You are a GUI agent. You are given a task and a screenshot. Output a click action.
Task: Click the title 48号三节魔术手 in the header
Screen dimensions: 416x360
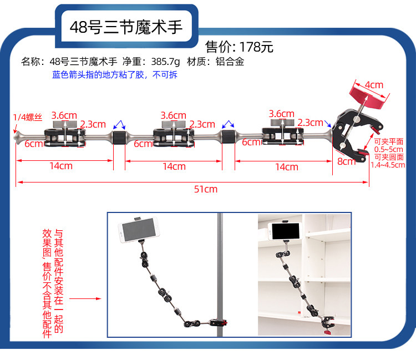coord(126,27)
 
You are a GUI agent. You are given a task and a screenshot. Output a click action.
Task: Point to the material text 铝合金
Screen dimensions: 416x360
coord(230,62)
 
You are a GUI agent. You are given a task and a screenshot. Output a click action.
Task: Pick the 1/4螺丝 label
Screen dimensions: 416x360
coord(27,117)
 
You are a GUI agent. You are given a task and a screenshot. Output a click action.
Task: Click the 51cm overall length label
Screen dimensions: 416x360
coord(205,189)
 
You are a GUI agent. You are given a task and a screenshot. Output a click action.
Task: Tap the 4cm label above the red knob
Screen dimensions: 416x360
coord(374,85)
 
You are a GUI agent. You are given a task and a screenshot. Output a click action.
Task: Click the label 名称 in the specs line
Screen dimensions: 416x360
coord(31,62)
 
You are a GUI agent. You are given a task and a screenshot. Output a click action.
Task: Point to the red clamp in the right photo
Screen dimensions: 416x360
coord(327,331)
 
